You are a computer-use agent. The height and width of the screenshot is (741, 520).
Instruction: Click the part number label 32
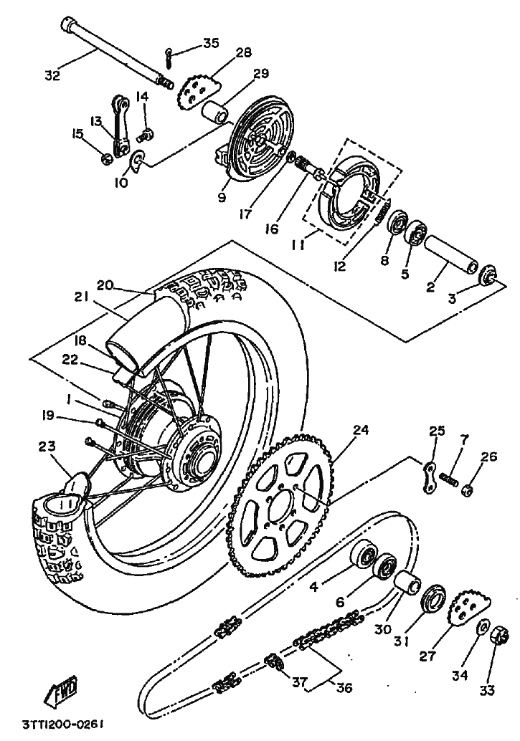pos(53,75)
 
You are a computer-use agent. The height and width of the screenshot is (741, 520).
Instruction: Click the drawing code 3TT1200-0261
pos(62,725)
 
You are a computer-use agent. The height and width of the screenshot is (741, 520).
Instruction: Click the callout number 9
pos(222,197)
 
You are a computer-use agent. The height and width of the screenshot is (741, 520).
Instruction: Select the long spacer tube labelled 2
pos(452,257)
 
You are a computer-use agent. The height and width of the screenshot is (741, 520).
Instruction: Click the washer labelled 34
pos(482,627)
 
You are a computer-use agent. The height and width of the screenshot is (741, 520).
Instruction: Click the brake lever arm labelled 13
pos(119,125)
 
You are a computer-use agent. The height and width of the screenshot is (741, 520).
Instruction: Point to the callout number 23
pos(47,446)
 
